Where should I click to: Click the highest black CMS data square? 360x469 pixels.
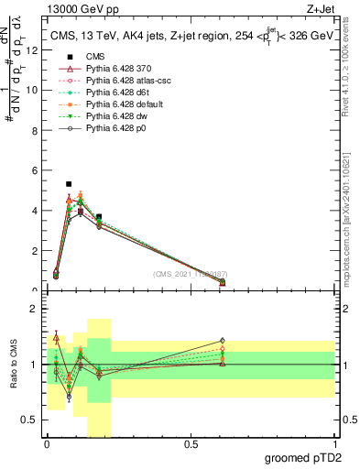69,184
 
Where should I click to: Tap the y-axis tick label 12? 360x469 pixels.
33,50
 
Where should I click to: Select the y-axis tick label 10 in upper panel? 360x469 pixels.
33,91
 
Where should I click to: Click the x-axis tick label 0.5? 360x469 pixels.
191,444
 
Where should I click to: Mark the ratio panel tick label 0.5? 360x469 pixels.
31,420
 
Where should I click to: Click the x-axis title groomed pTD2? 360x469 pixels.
304,458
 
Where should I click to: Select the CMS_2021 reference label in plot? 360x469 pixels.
191,274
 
